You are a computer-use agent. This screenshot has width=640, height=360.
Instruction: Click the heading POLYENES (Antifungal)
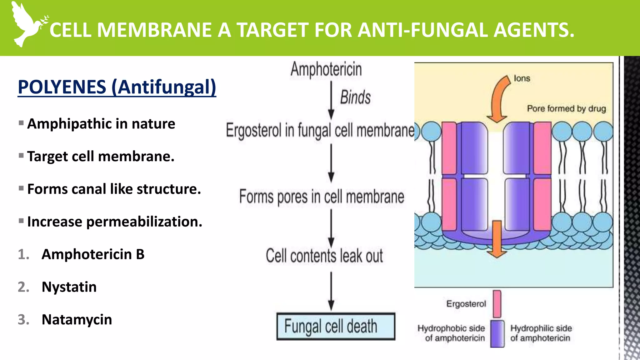(117, 87)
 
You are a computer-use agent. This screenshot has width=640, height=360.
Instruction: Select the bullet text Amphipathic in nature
(101, 124)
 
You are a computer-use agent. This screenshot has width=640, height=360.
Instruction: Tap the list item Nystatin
(69, 287)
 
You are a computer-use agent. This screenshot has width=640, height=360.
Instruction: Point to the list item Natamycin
(77, 320)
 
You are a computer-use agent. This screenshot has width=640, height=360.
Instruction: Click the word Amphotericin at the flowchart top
(326, 69)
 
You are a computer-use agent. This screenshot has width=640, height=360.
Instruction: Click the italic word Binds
(355, 97)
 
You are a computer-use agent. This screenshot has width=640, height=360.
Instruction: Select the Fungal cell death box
(336, 326)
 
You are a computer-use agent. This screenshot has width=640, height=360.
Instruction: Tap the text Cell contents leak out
(324, 256)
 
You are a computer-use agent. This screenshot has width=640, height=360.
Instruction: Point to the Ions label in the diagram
(522, 78)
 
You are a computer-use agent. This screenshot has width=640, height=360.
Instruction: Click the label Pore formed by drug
(566, 109)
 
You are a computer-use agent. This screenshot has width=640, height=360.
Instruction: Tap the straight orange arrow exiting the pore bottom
(497, 239)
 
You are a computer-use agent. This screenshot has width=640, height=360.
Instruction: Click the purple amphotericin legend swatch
(497, 334)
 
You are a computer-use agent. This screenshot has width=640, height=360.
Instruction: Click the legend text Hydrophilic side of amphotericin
(541, 333)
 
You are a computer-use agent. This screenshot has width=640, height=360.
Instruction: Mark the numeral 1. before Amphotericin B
(23, 254)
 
